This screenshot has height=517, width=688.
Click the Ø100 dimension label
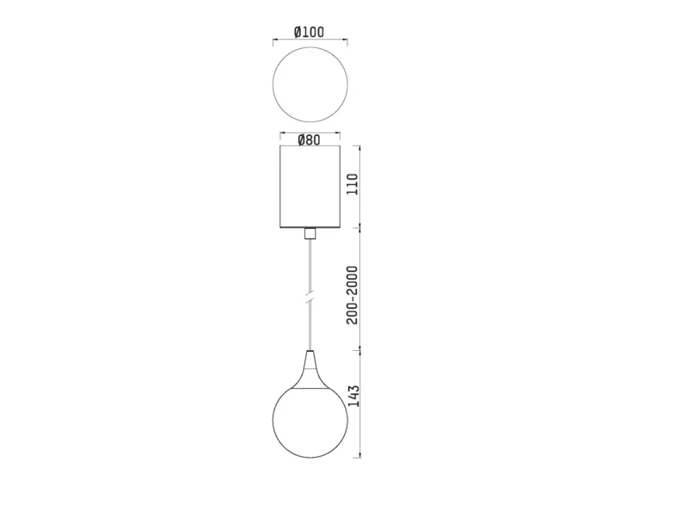(310, 32)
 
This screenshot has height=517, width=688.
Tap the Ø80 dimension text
(310, 140)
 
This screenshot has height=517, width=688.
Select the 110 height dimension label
(353, 184)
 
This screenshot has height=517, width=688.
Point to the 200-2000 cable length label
(353, 295)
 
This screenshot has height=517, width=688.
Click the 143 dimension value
(353, 397)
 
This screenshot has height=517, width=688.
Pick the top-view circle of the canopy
(273, 84)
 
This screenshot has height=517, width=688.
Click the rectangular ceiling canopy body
(310, 187)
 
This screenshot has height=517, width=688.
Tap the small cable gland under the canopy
(310, 233)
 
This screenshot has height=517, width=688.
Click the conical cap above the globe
(310, 370)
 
